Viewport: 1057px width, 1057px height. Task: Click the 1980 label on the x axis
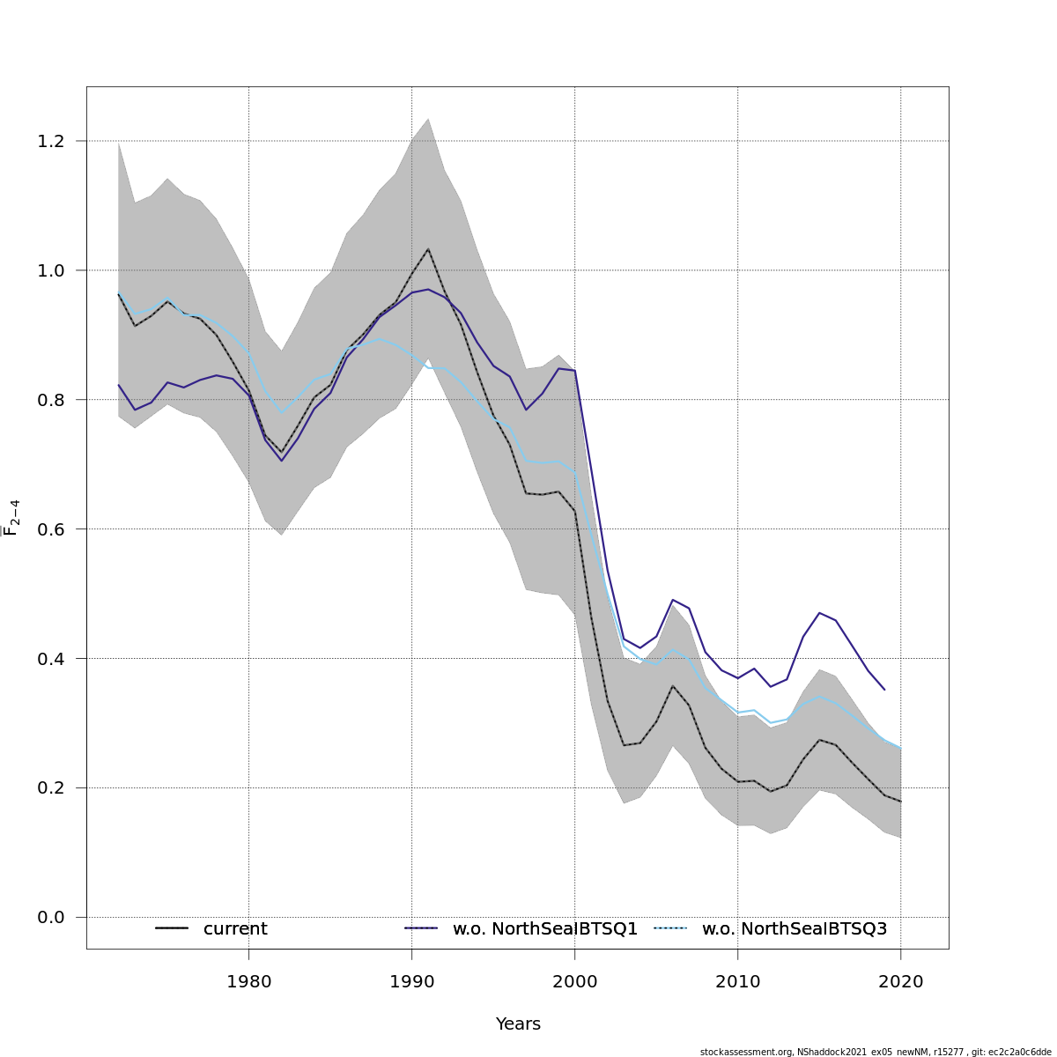pos(248,982)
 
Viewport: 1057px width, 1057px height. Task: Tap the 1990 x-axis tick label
pos(411,982)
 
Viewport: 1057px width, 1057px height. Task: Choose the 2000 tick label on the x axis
pos(574,982)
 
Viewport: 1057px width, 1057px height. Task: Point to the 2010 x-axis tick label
pos(737,982)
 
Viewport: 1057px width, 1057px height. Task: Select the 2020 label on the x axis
pos(900,982)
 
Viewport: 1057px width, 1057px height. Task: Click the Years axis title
pos(518,1024)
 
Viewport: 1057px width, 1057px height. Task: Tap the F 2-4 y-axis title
pos(12,518)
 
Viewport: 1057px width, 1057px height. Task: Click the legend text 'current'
pos(235,929)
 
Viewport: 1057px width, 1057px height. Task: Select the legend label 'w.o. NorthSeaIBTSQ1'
pos(545,929)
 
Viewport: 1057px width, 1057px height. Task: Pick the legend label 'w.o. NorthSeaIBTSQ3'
pos(795,929)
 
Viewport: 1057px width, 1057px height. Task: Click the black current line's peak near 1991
pos(428,249)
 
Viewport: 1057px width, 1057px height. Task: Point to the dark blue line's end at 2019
pos(884,689)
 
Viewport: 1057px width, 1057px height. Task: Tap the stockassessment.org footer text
pos(876,1052)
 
